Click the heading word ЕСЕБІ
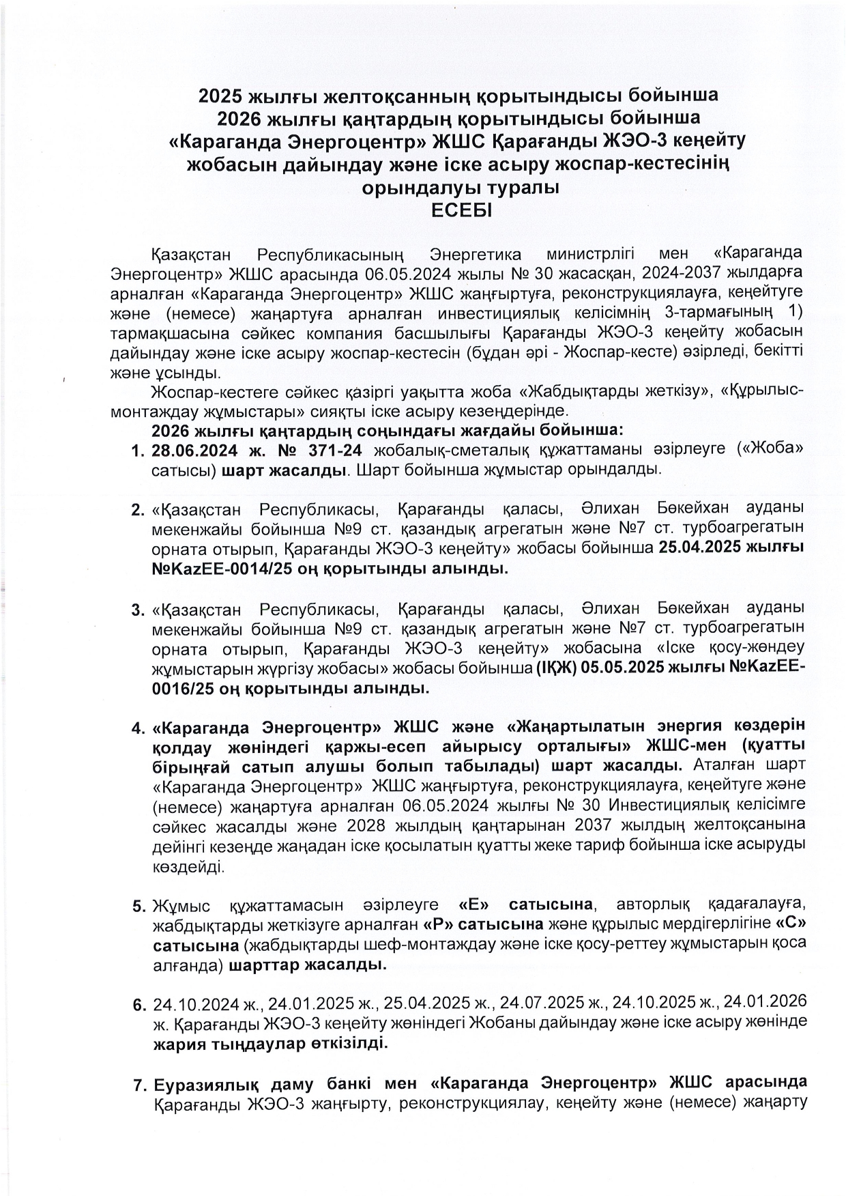462,211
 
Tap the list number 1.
136,451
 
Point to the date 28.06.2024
194,451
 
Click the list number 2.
136,510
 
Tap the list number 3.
136,609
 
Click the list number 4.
136,726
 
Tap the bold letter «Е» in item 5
476,905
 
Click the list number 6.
136,1005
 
